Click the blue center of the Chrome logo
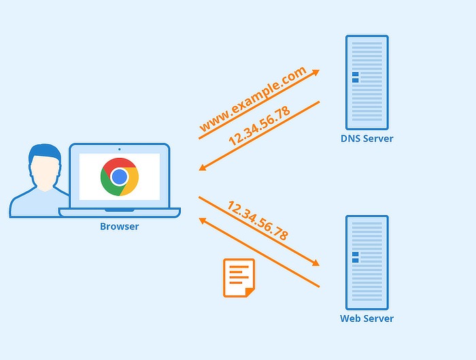pyautogui.click(x=120, y=177)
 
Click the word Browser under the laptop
pyautogui.click(x=120, y=227)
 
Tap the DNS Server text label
pyautogui.click(x=367, y=139)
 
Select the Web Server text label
pyautogui.click(x=367, y=318)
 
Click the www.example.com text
pyautogui.click(x=252, y=99)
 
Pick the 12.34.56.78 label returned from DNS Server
pyautogui.click(x=259, y=126)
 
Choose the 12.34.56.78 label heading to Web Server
pyautogui.click(x=258, y=220)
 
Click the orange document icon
pyautogui.click(x=238, y=277)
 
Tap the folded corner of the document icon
pyautogui.click(x=250, y=292)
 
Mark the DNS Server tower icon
pyautogui.click(x=367, y=82)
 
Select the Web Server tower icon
pyautogui.click(x=367, y=262)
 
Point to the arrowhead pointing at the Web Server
pyautogui.click(x=315, y=263)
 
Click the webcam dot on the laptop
pyautogui.click(x=120, y=148)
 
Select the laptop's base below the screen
pyautogui.click(x=120, y=213)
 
